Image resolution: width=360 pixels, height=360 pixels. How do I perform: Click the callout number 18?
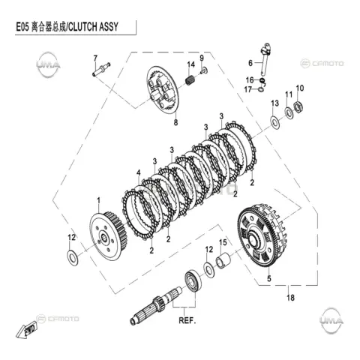click(x=290, y=298)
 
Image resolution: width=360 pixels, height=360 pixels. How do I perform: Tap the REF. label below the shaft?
click(x=187, y=320)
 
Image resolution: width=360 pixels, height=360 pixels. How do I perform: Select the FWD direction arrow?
click(x=27, y=329)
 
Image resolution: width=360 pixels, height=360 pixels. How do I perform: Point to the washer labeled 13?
click(x=275, y=122)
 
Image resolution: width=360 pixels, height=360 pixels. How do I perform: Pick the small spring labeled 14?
click(x=190, y=79)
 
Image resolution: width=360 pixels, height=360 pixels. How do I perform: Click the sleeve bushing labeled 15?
click(x=223, y=261)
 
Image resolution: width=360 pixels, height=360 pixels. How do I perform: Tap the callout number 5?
click(x=269, y=278)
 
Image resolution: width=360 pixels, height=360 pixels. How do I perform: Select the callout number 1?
click(x=98, y=200)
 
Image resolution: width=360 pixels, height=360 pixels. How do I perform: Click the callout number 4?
click(x=139, y=172)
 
